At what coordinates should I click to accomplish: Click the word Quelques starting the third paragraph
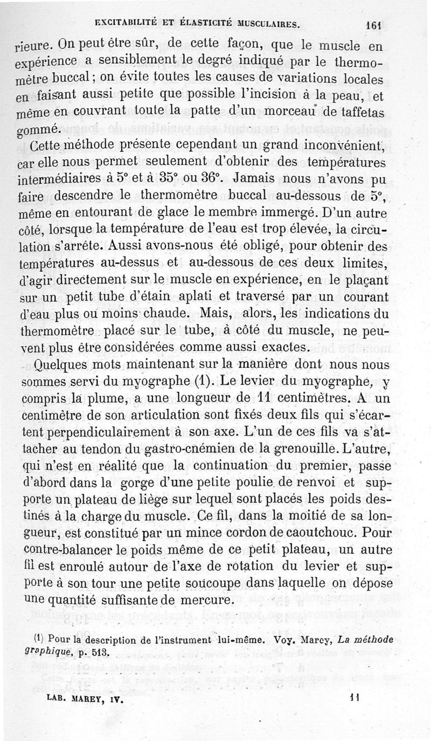59,366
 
